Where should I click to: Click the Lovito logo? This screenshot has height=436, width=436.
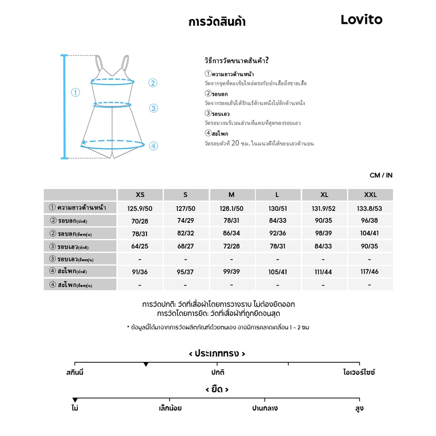click(x=361, y=20)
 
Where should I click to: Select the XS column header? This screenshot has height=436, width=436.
click(x=140, y=195)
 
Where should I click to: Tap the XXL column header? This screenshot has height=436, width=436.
click(x=370, y=195)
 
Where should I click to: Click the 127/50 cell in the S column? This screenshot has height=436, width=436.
click(x=186, y=208)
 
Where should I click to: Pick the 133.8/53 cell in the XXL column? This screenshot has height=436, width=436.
click(x=370, y=208)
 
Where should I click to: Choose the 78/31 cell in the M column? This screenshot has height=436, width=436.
click(x=231, y=221)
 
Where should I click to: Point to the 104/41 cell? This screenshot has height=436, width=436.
click(x=370, y=234)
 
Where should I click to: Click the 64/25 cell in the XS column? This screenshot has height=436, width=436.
click(x=140, y=246)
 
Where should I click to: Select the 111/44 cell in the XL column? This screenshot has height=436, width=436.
click(x=324, y=272)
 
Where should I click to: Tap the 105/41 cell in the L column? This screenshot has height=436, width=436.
click(x=278, y=272)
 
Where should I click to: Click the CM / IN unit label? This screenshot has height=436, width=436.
click(x=381, y=175)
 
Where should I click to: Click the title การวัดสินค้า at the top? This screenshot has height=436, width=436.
click(x=217, y=22)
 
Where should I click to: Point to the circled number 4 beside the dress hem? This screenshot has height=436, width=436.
click(x=153, y=146)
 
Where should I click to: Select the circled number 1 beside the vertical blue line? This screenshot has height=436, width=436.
click(x=76, y=92)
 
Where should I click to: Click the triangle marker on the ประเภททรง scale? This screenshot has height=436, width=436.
click(x=146, y=364)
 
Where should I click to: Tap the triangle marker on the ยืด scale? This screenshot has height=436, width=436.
click(x=75, y=400)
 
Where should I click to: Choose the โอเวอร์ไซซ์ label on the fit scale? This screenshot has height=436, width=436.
click(x=359, y=372)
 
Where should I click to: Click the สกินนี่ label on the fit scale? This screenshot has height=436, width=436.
click(x=75, y=372)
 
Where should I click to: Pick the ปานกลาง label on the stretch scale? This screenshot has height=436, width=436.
click(x=265, y=409)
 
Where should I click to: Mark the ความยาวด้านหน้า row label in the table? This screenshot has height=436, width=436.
click(x=81, y=208)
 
